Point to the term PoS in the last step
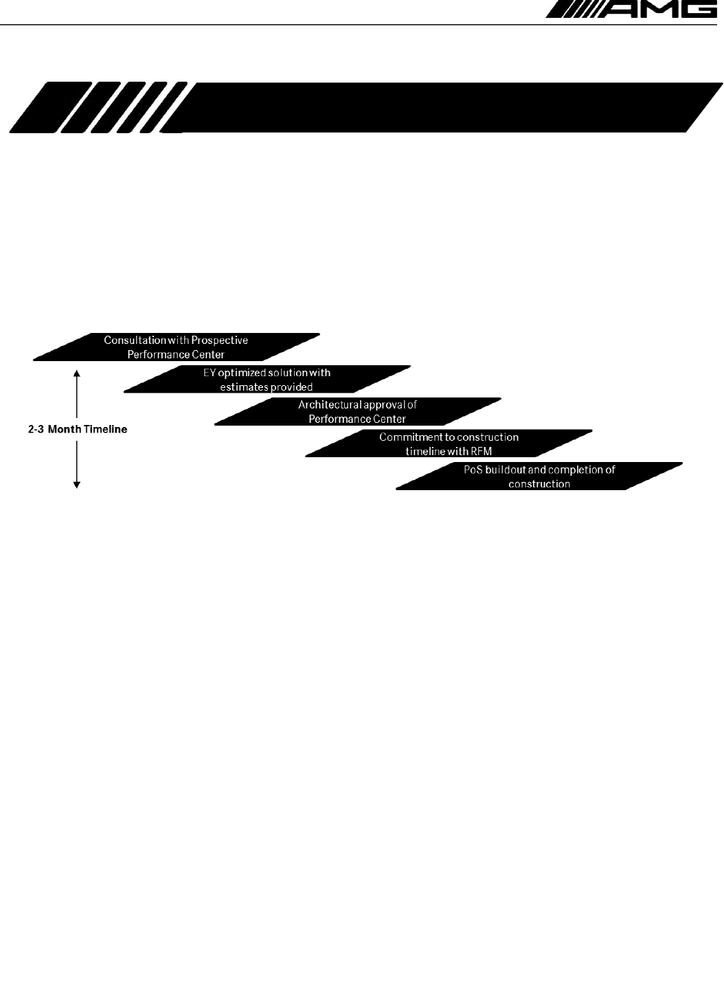click(x=473, y=470)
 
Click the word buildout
click(x=505, y=470)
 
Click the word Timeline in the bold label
click(x=105, y=430)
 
